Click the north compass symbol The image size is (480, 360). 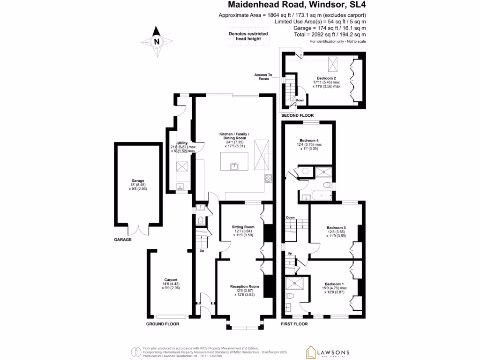(x=157, y=41)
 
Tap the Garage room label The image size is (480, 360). (x=138, y=180)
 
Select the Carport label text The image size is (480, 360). (x=171, y=280)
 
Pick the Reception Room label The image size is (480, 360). (x=244, y=286)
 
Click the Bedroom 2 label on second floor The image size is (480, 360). (x=326, y=78)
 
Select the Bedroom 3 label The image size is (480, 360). (x=336, y=228)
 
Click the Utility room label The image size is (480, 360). (x=182, y=143)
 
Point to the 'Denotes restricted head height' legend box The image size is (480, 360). (x=248, y=37)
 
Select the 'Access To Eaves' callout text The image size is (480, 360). (x=263, y=77)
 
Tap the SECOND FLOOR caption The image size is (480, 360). (x=297, y=115)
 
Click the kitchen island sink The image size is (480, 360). (x=234, y=165)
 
